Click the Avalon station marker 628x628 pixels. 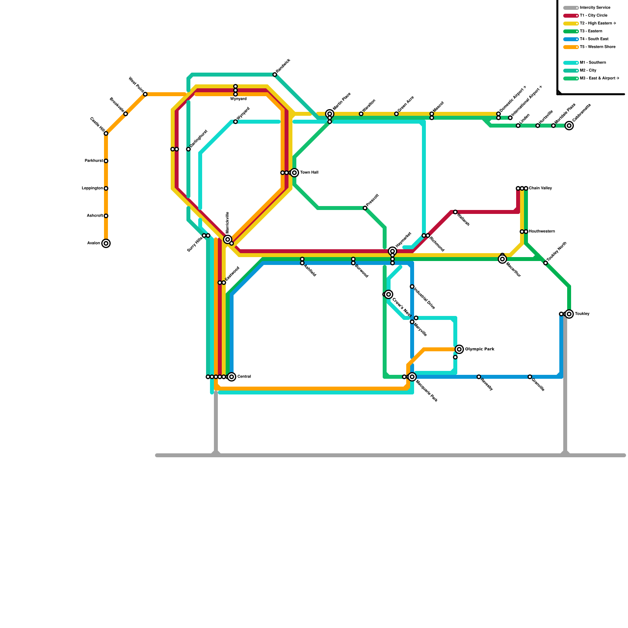point(106,243)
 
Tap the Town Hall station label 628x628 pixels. point(309,173)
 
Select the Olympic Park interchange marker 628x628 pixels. point(459,349)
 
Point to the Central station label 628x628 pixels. point(244,377)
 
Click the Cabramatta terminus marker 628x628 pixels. point(569,126)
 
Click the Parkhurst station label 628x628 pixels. point(94,161)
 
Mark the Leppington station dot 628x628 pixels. point(106,188)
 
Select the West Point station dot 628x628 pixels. point(145,94)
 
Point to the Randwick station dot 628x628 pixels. point(275,75)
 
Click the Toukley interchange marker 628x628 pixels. point(569,314)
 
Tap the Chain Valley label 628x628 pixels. point(540,188)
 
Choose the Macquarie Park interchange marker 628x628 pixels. point(412,377)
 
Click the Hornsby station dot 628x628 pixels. point(479,377)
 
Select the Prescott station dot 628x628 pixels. point(365,208)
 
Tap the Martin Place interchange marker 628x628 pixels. point(330,114)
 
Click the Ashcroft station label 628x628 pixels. point(95,216)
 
